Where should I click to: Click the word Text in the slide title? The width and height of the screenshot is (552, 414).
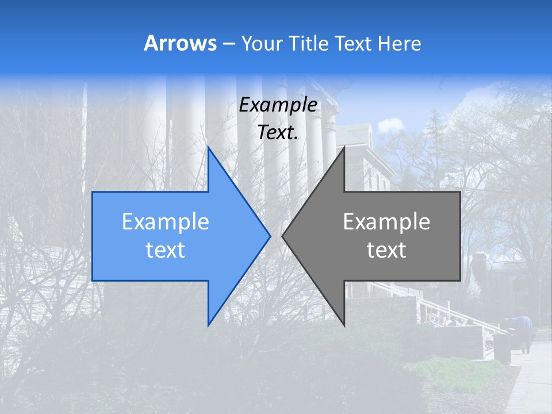tap(354, 44)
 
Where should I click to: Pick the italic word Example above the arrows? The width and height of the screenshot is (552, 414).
tap(278, 105)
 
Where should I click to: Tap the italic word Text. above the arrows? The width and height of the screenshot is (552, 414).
tap(278, 133)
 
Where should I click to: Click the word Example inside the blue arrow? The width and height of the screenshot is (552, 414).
tap(166, 222)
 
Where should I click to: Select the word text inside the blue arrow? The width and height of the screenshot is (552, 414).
tap(166, 250)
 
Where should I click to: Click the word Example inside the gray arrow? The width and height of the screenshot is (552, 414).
tap(386, 222)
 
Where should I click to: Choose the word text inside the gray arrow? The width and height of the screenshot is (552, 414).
tap(386, 250)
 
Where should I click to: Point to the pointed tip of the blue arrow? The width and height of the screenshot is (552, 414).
tap(269, 236)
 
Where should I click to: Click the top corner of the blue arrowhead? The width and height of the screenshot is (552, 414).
tap(209, 148)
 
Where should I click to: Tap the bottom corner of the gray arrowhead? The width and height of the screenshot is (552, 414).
tap(344, 324)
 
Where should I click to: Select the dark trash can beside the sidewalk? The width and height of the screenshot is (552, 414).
tap(502, 347)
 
